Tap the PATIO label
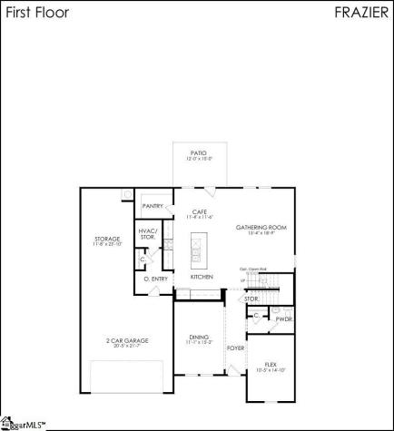(x=198, y=153)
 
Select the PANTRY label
(x=153, y=206)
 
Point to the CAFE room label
(x=200, y=211)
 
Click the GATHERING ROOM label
(x=254, y=227)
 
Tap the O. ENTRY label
(x=155, y=279)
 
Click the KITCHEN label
(x=202, y=276)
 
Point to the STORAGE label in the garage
(x=107, y=240)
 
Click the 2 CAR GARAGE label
(x=127, y=340)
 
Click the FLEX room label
(x=271, y=364)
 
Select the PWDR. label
(x=283, y=318)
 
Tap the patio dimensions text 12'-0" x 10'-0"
(x=198, y=159)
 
